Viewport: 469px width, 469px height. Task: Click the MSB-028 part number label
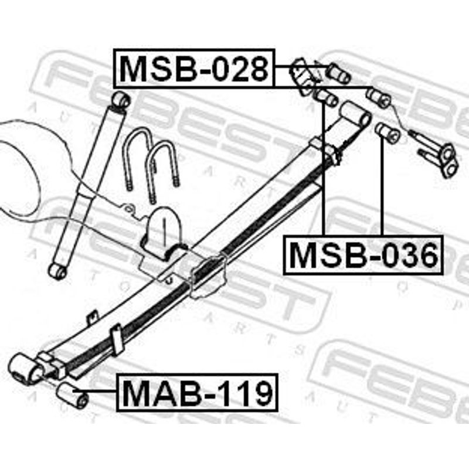point(194,69)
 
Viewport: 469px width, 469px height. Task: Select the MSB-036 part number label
point(363,255)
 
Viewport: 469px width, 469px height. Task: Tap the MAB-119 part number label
point(198,392)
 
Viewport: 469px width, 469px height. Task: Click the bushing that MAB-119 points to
point(73,395)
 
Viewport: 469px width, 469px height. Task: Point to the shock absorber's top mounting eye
point(121,100)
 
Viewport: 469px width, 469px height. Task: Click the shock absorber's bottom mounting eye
point(57,271)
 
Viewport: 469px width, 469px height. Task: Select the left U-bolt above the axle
point(141,160)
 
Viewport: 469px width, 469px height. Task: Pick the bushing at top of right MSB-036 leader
point(388,131)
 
